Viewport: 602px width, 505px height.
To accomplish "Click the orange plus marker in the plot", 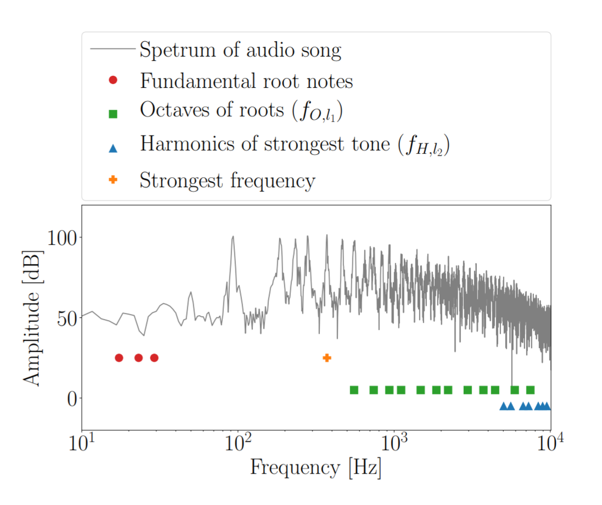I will pyautogui.click(x=327, y=358).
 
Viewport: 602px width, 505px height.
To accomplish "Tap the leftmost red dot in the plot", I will pyautogui.click(x=119, y=358).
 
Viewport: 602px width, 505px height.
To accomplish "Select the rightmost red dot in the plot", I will pyautogui.click(x=154, y=358).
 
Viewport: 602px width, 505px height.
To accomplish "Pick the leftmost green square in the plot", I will pyautogui.click(x=354, y=390).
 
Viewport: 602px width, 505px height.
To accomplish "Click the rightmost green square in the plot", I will pyautogui.click(x=531, y=390).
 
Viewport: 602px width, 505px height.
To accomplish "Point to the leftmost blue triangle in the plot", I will pyautogui.click(x=504, y=406).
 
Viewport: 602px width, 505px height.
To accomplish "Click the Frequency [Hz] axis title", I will pyautogui.click(x=316, y=468).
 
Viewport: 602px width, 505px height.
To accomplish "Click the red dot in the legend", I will pyautogui.click(x=113, y=81).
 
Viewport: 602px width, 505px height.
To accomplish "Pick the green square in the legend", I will pyautogui.click(x=113, y=114).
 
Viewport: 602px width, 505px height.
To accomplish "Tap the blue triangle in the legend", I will pyautogui.click(x=113, y=147).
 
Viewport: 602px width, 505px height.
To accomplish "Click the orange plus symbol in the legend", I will pyautogui.click(x=113, y=179).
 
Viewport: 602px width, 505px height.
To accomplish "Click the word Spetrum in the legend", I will pyautogui.click(x=175, y=50).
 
